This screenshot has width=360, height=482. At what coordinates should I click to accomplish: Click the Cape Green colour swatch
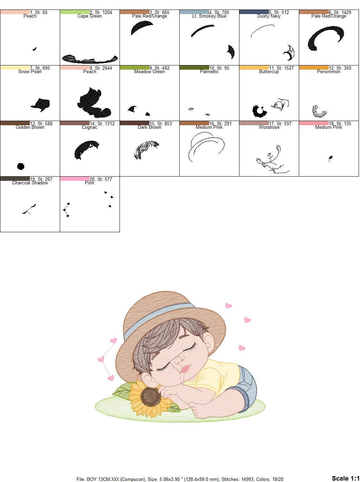(75, 12)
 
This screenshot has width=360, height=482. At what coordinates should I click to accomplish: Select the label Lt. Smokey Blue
(209, 16)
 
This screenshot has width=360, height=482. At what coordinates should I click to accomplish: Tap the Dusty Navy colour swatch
(254, 12)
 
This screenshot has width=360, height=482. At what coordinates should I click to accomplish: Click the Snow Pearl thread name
(30, 72)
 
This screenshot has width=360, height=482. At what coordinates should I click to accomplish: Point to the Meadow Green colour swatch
(134, 68)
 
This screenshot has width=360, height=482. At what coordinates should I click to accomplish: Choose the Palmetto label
(209, 72)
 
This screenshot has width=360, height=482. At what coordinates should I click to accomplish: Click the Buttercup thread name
(269, 72)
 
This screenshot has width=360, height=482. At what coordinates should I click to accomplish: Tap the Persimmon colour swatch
(314, 68)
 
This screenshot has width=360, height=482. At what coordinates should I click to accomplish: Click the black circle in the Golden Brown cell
(21, 166)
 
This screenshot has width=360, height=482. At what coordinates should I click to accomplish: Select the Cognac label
(90, 127)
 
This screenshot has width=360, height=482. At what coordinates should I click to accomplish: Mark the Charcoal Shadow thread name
(30, 183)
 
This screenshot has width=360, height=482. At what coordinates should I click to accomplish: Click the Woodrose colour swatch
(254, 123)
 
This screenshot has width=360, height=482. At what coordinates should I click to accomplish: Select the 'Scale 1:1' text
(345, 478)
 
